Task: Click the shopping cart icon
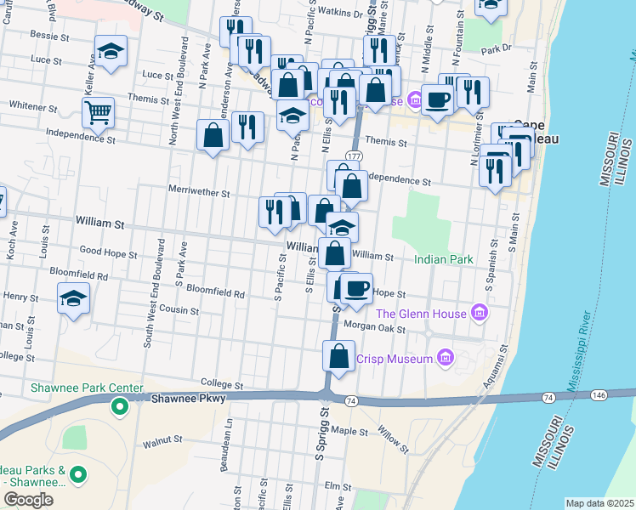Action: pyautogui.click(x=99, y=111)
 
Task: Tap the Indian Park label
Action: pyautogui.click(x=443, y=258)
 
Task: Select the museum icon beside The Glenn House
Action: pyautogui.click(x=480, y=314)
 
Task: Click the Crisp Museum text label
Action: pyautogui.click(x=395, y=359)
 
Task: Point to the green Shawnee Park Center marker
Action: pyautogui.click(x=120, y=406)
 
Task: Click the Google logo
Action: pyautogui.click(x=28, y=500)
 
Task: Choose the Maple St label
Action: pyautogui.click(x=349, y=431)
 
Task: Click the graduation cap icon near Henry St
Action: pyautogui.click(x=74, y=298)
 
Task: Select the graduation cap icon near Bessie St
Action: pyautogui.click(x=111, y=51)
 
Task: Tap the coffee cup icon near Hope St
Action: pyautogui.click(x=357, y=288)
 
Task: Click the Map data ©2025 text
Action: pyautogui.click(x=599, y=503)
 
